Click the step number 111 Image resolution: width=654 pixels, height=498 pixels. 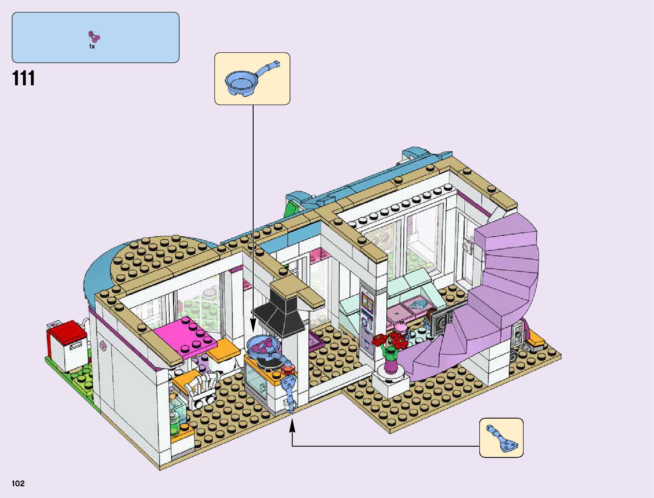[x=24, y=79]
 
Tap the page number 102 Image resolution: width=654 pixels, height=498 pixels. [x=18, y=484]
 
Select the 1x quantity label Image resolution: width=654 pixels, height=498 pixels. [x=92, y=47]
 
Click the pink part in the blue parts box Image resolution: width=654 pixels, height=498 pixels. [x=94, y=37]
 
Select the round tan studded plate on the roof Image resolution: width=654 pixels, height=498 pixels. [x=163, y=257]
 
